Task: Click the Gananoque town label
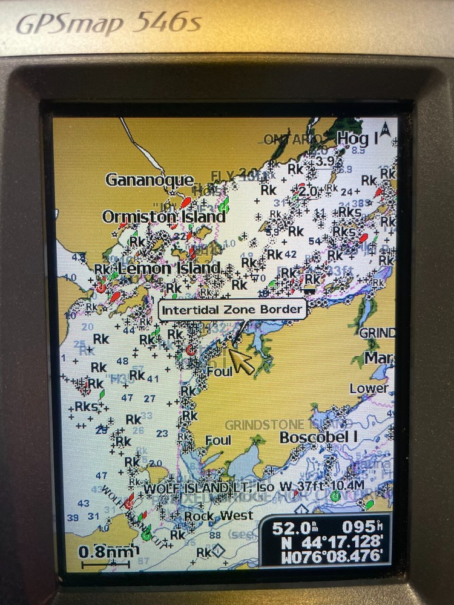pyautogui.click(x=150, y=180)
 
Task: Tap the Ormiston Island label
pyautogui.click(x=164, y=216)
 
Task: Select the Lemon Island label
pyautogui.click(x=169, y=267)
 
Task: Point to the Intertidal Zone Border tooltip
pyautogui.click(x=232, y=310)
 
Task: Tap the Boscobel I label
pyautogui.click(x=319, y=437)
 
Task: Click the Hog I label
pyautogui.click(x=357, y=139)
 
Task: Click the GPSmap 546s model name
pyautogui.click(x=109, y=24)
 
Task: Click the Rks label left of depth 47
pyautogui.click(x=86, y=406)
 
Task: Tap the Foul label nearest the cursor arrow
pyautogui.click(x=219, y=371)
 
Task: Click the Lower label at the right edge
pyautogui.click(x=369, y=388)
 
